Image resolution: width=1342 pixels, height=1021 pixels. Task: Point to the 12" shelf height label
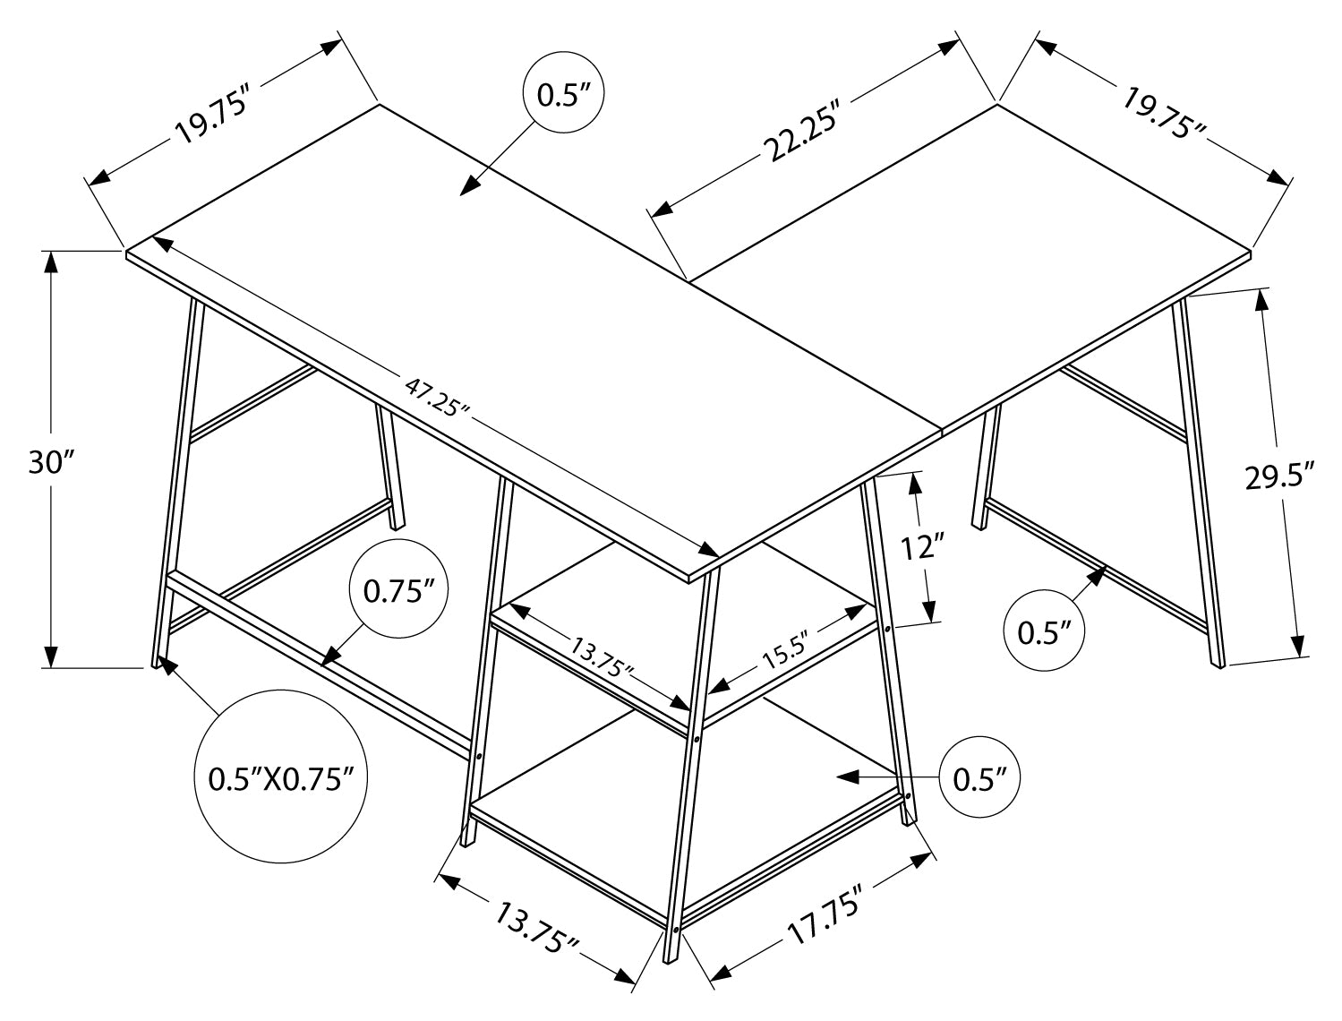(922, 546)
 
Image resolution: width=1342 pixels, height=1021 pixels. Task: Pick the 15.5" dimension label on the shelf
(785, 651)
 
